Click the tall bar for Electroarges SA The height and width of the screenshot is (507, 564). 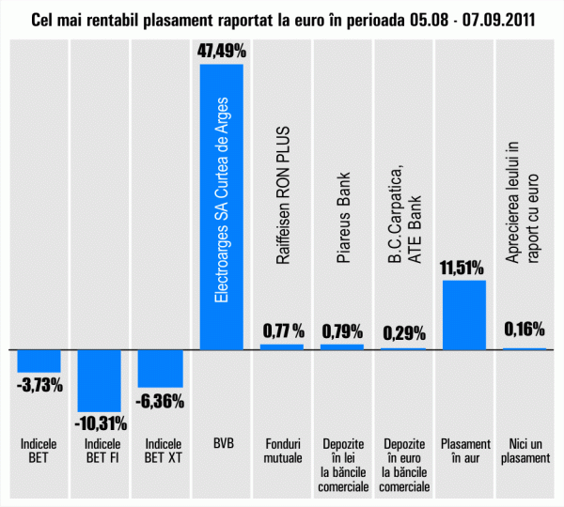click(x=222, y=207)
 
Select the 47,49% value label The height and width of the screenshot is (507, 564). click(x=222, y=50)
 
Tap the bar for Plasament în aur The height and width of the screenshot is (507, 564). click(x=463, y=315)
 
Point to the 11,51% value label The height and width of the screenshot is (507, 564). click(x=463, y=268)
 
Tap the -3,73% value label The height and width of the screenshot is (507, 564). click(x=40, y=384)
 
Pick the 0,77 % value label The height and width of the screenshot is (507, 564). click(x=282, y=330)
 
